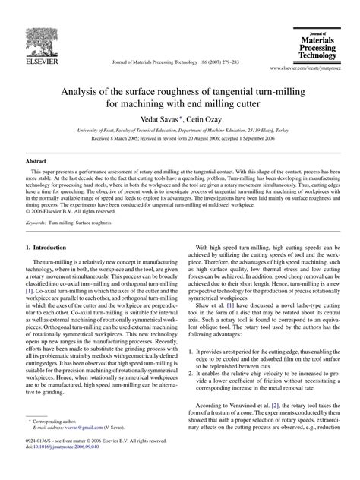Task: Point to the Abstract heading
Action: point(36,161)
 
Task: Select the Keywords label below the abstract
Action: point(39,223)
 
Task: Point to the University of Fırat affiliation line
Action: point(179,131)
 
